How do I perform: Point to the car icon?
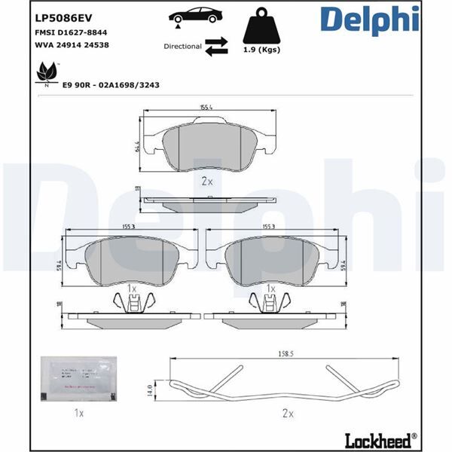coord(195,17)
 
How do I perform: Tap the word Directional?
coord(182,47)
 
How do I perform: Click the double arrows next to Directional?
coord(217,47)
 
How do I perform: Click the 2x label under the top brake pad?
coord(207,182)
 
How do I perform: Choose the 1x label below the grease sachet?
coord(78,414)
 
